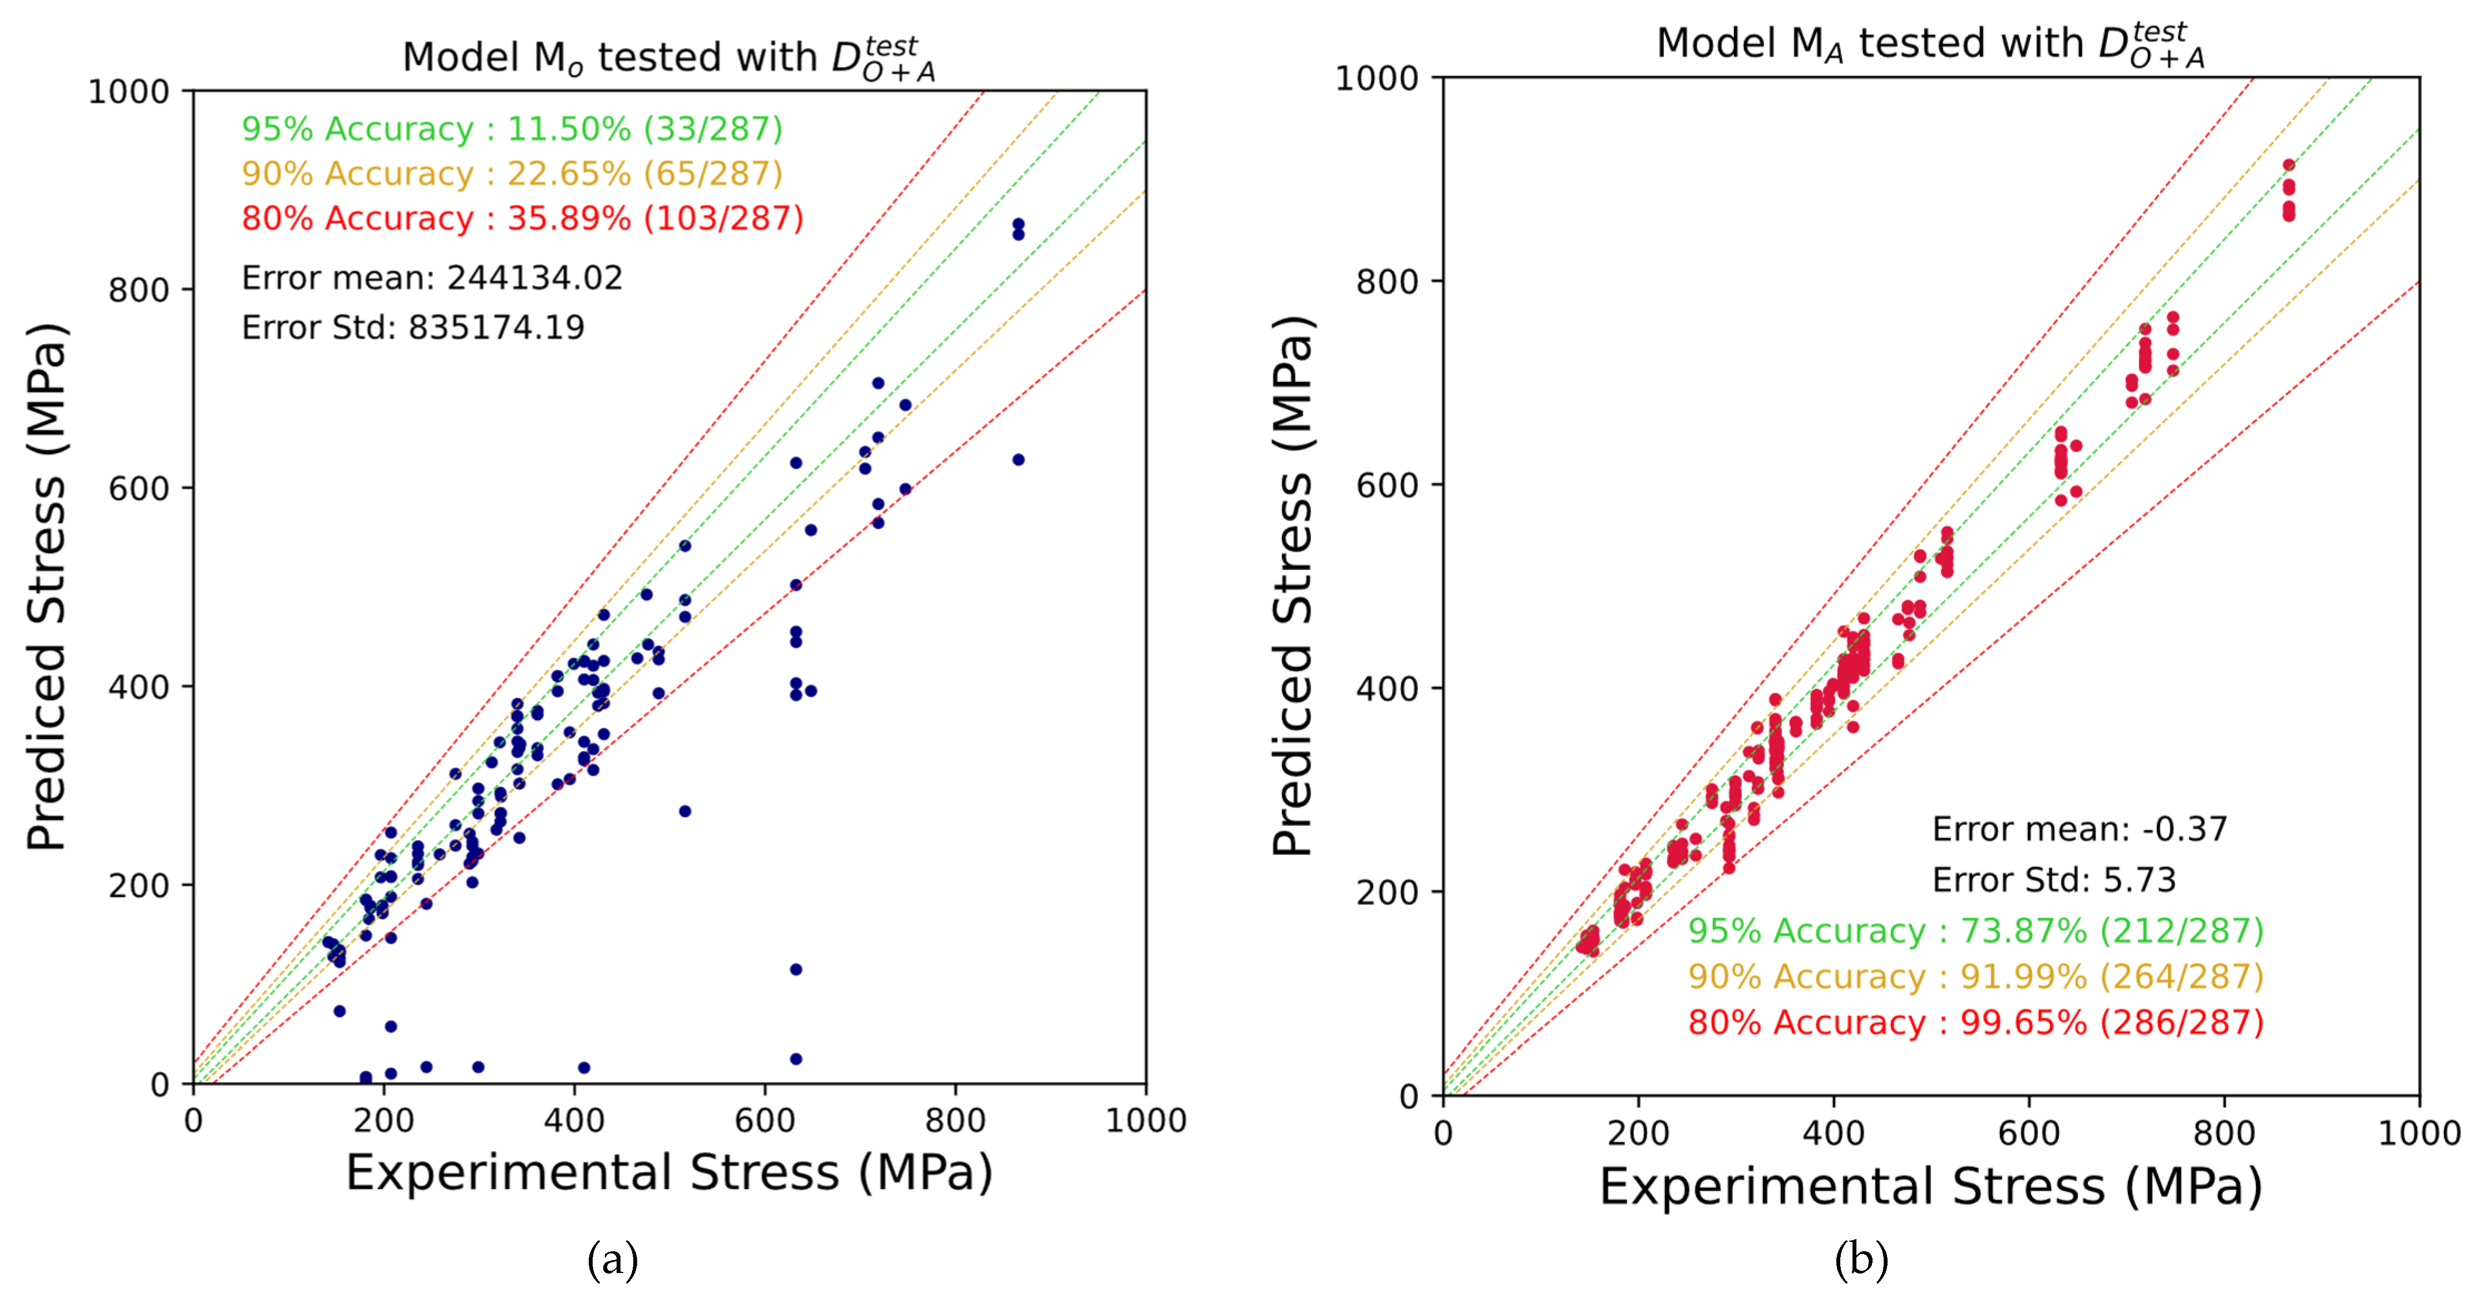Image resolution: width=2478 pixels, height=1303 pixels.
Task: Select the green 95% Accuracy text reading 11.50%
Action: click(x=512, y=129)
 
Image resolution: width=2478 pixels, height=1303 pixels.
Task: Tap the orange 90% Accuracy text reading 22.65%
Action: click(x=512, y=174)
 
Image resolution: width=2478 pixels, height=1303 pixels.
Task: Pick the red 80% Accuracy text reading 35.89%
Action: click(x=523, y=219)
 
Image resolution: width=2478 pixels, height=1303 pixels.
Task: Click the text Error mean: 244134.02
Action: click(x=432, y=278)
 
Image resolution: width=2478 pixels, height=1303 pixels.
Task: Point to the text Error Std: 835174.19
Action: click(x=413, y=328)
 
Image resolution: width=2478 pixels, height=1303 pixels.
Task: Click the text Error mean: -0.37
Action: click(x=2080, y=829)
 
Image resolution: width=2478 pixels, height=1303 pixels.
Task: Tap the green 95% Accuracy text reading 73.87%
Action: click(x=1976, y=931)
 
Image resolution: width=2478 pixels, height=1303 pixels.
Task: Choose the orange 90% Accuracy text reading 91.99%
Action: click(x=1976, y=977)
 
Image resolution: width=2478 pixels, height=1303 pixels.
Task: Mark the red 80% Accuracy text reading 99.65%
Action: click(x=1976, y=1022)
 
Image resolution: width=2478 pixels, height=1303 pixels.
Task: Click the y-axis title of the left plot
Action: click(x=46, y=587)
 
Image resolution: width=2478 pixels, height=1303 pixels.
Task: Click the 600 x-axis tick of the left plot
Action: click(x=765, y=1120)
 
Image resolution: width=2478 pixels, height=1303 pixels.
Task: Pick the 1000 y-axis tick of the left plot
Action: click(x=129, y=92)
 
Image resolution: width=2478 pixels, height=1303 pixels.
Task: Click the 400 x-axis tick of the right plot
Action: click(x=1834, y=1133)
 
